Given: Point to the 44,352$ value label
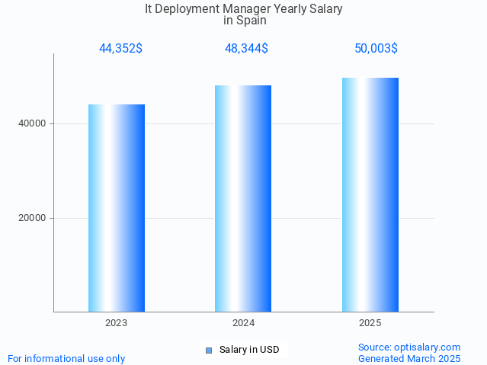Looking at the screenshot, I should pyautogui.click(x=120, y=49).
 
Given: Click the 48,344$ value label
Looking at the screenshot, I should pyautogui.click(x=246, y=49).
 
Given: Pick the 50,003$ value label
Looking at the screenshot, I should pyautogui.click(x=376, y=49).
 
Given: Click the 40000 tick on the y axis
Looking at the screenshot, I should pyautogui.click(x=32, y=123).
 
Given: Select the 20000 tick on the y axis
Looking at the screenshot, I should pyautogui.click(x=32, y=218).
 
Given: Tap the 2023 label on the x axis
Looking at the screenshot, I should pyautogui.click(x=117, y=323).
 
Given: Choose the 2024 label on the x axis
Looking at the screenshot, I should pyautogui.click(x=243, y=323).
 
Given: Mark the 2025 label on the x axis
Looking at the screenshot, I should pyautogui.click(x=370, y=323).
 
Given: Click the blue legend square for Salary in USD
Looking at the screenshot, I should pyautogui.click(x=208, y=351).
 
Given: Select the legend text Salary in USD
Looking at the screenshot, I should pyautogui.click(x=249, y=351).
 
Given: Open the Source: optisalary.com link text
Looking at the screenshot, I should pyautogui.click(x=409, y=347).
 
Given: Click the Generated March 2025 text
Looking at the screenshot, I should pyautogui.click(x=409, y=359).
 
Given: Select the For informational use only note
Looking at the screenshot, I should pyautogui.click(x=66, y=359).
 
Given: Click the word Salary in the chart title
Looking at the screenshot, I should pyautogui.click(x=325, y=9).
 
